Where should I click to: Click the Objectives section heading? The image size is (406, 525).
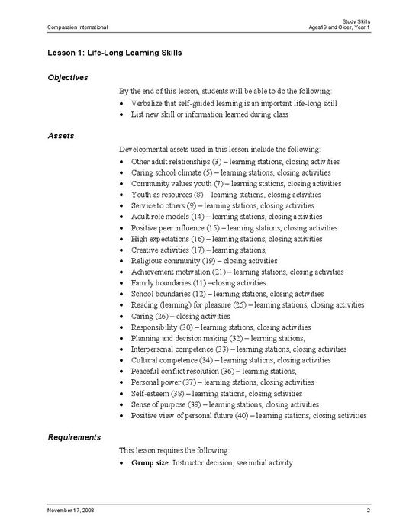tap(68, 77)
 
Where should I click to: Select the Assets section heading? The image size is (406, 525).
tap(60, 135)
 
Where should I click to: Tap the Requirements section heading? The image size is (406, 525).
tap(73, 437)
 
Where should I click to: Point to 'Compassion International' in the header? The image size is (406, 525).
tap(77, 27)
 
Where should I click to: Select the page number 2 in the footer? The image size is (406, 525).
tap(368, 508)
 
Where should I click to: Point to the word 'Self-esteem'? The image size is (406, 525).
tap(150, 394)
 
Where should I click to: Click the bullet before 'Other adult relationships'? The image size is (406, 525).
tap(124, 162)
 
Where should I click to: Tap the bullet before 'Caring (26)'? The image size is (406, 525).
tap(124, 316)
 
